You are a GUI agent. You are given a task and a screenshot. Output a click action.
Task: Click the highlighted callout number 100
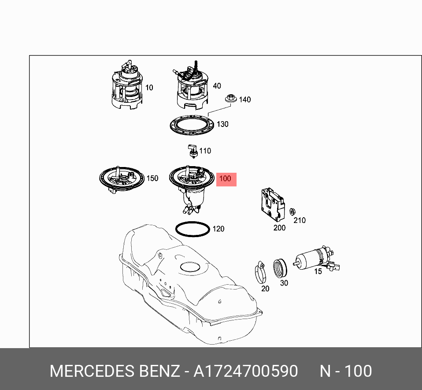tap(225, 179)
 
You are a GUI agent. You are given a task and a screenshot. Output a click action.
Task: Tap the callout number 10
tap(149, 88)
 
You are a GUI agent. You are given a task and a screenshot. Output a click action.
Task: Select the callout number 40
tap(217, 86)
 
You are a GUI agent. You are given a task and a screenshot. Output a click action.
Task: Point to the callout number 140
tap(244, 100)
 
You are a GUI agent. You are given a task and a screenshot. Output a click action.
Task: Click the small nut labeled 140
tap(230, 99)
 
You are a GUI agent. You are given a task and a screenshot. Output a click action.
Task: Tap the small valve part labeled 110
tap(192, 151)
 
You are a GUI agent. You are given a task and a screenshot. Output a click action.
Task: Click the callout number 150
tap(152, 178)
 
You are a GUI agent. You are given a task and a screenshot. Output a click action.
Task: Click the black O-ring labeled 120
tap(192, 229)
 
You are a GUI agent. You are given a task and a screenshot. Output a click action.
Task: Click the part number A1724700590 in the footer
tap(246, 371)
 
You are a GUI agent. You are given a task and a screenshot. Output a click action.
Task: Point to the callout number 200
tap(279, 228)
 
